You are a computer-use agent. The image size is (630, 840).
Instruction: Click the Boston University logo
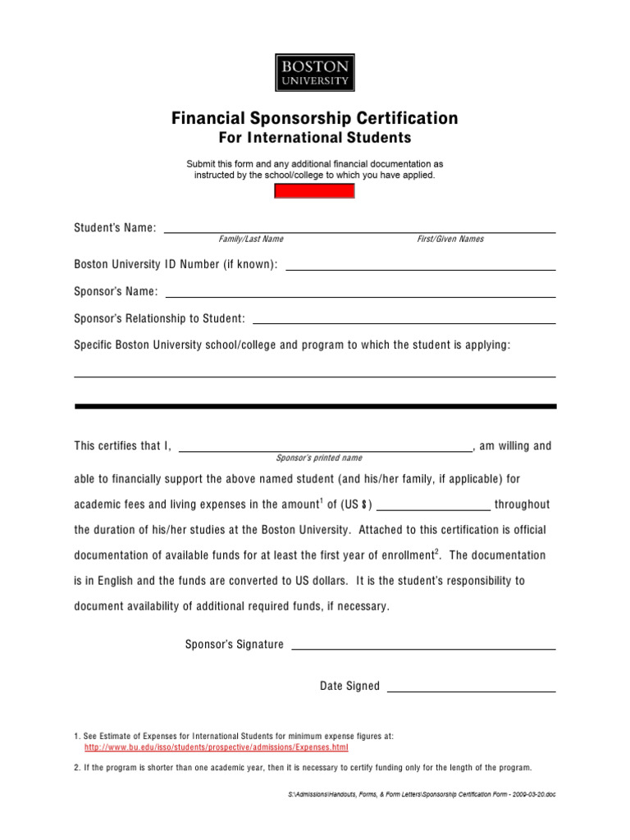(314, 72)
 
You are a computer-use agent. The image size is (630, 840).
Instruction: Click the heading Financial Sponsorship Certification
(314, 118)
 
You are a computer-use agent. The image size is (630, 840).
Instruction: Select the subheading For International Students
(314, 137)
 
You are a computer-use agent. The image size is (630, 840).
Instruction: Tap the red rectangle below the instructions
(313, 191)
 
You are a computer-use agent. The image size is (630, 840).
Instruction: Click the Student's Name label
(115, 227)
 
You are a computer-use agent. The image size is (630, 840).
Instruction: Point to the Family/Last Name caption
(250, 239)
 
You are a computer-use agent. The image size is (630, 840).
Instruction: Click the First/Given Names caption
(450, 239)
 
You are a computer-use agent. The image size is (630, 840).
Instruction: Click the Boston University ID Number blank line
(419, 268)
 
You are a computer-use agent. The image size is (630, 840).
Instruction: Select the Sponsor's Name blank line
(360, 295)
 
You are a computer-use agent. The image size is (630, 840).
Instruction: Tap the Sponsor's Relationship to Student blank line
(404, 322)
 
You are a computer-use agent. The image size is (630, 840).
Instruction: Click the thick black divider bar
(315, 406)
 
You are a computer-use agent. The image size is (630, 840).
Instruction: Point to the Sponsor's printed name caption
(318, 458)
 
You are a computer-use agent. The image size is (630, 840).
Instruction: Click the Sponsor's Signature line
(423, 648)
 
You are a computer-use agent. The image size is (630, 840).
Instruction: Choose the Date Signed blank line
(470, 690)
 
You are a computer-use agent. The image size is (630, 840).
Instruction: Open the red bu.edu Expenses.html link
(217, 748)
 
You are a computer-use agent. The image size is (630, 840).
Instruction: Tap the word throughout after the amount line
(522, 504)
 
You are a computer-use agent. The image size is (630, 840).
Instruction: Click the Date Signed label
(349, 686)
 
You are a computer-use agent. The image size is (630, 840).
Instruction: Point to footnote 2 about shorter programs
(303, 768)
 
